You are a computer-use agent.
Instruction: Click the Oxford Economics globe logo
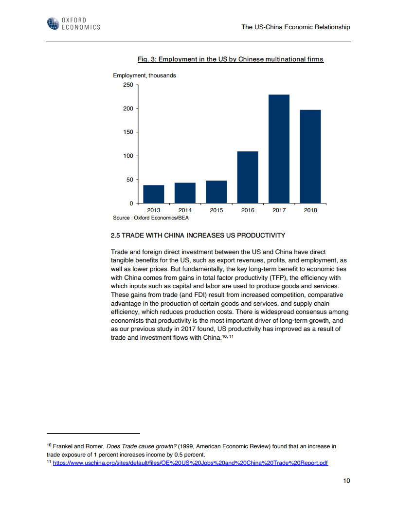[x=53, y=23]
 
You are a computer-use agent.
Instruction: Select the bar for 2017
[x=279, y=148]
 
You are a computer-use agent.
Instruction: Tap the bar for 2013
[x=154, y=194]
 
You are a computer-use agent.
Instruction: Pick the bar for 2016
[x=248, y=177]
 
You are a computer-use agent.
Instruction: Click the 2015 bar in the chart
[x=216, y=192]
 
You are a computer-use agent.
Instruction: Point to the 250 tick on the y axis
[x=128, y=85]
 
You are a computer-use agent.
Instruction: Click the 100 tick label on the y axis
[x=128, y=156]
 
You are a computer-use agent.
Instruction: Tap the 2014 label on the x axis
[x=185, y=210]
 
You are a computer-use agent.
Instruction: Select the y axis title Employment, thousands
[x=144, y=75]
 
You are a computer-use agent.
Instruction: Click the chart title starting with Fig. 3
[x=231, y=59]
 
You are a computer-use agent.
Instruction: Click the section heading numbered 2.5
[x=198, y=236]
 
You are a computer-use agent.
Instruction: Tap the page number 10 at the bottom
[x=346, y=481]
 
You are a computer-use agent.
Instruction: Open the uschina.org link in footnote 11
[x=190, y=463]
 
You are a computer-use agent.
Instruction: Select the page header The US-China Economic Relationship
[x=295, y=27]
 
